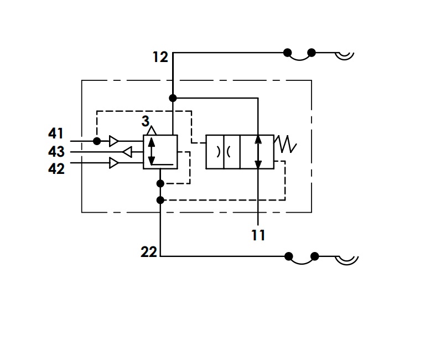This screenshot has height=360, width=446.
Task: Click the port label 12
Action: point(160,57)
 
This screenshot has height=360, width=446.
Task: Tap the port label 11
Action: point(258,235)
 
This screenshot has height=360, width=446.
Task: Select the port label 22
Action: point(149,252)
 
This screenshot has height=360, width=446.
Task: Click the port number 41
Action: point(56,133)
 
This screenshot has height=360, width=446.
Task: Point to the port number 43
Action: point(56,152)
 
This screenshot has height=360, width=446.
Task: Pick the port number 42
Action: point(56,169)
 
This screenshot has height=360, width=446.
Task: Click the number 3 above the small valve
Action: point(146,121)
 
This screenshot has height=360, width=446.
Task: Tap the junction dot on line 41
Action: point(97,141)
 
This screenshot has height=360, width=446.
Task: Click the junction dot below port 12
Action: point(173,98)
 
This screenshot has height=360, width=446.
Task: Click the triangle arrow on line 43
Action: point(127,152)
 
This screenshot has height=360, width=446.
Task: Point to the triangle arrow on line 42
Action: point(114,163)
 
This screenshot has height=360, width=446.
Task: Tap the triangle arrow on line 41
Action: point(114,141)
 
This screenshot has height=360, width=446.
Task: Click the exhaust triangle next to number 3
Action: point(152,130)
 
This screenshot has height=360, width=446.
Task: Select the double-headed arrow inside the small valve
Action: point(152,151)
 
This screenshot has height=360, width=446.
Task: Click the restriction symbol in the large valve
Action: point(224,152)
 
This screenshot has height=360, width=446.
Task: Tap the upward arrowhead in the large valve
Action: point(258,139)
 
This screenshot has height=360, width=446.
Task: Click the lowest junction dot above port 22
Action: point(160,200)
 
